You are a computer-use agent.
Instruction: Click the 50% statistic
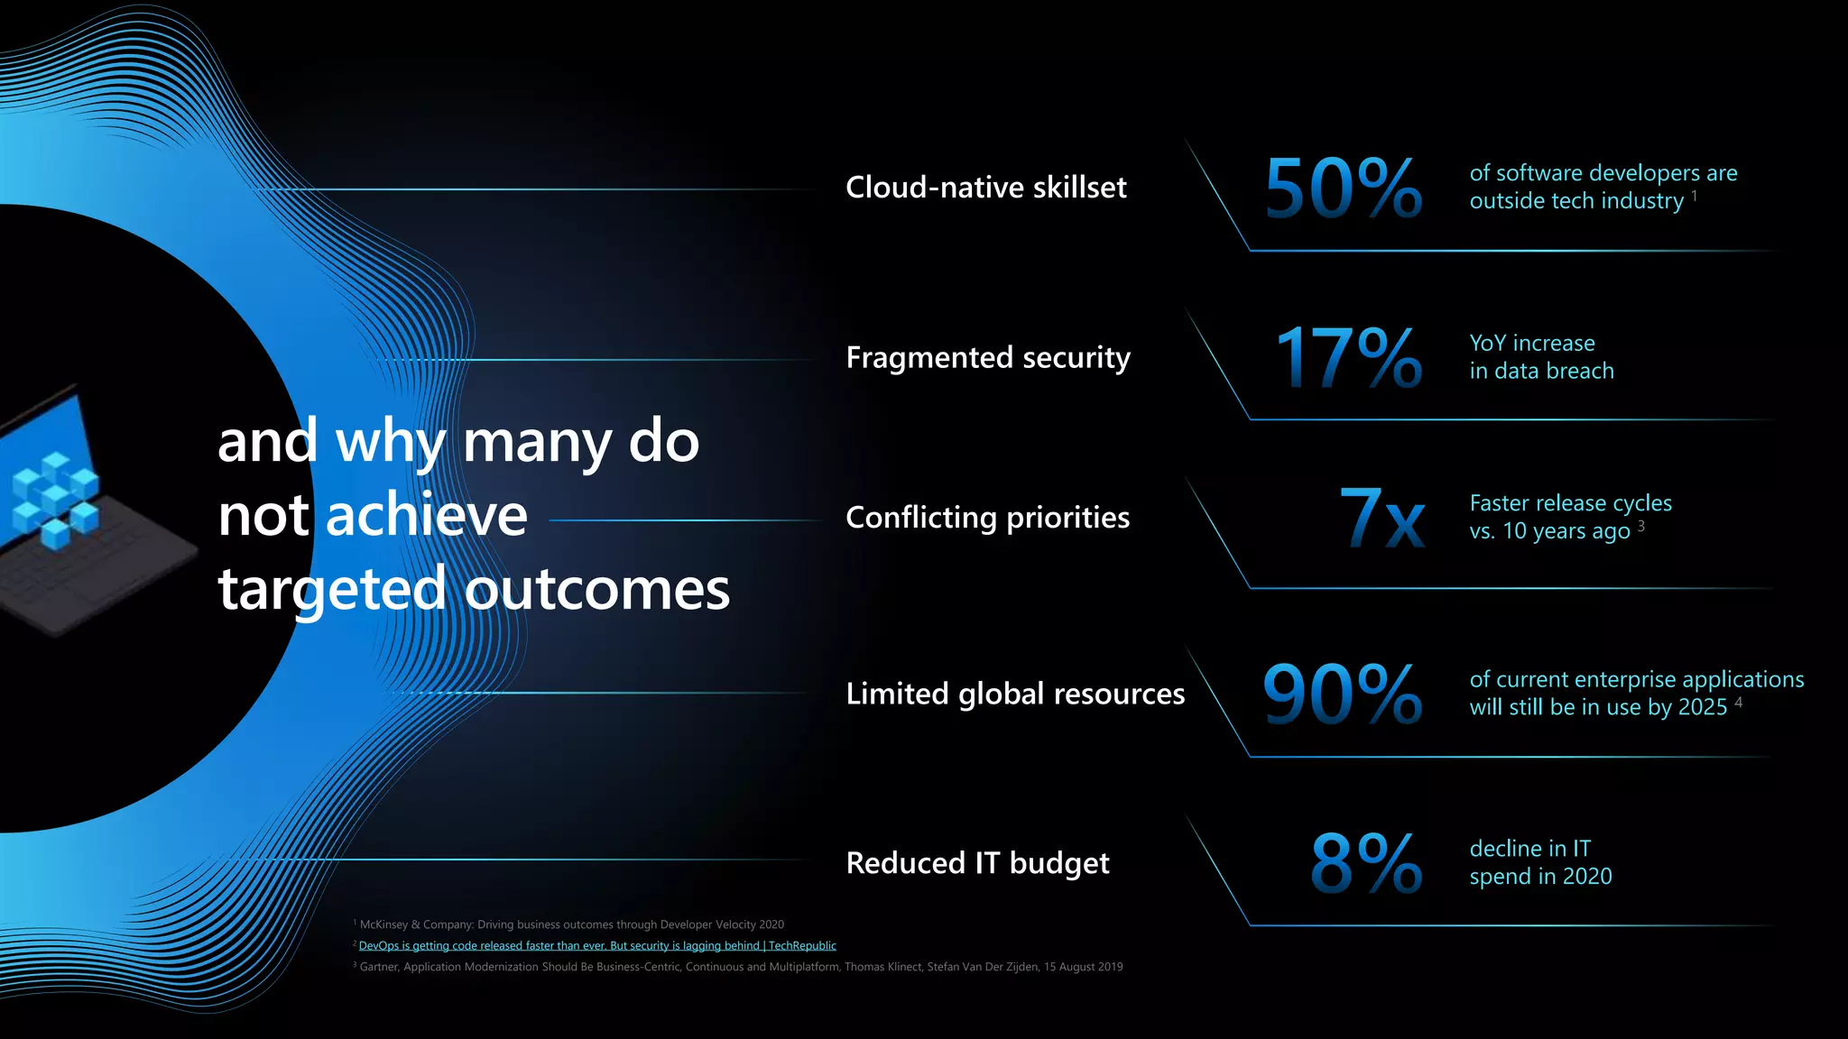click(1343, 188)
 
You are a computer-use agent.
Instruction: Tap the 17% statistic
click(1348, 358)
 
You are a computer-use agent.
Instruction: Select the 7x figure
click(1381, 518)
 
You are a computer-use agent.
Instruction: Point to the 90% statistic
click(1342, 694)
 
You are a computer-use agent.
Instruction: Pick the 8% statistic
click(1365, 863)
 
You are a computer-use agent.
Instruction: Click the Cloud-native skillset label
click(985, 188)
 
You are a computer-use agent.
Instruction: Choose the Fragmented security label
click(987, 358)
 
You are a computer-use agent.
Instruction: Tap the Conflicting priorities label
click(987, 518)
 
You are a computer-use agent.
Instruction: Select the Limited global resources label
click(1015, 694)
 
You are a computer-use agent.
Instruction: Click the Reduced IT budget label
click(977, 863)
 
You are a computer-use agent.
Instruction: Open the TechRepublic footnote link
click(597, 946)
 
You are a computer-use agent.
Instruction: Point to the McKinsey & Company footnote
click(571, 924)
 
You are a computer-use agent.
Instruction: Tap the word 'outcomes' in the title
click(596, 589)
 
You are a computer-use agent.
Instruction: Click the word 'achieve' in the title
click(426, 515)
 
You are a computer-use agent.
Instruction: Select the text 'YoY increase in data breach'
click(1540, 357)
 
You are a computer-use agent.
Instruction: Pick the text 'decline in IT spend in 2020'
click(1539, 862)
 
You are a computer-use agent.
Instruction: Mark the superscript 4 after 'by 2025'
click(1738, 702)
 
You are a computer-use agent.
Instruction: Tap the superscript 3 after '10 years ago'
click(1641, 526)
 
